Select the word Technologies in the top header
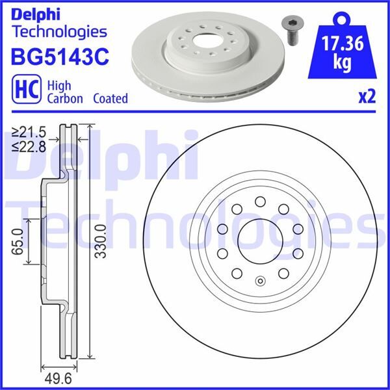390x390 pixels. point(59,31)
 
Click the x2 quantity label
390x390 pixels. point(367,97)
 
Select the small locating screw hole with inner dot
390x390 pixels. point(259,281)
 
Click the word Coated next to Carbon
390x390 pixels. point(110,99)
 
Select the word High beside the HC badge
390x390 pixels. point(60,85)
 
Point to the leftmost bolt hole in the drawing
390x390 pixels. point(221,229)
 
